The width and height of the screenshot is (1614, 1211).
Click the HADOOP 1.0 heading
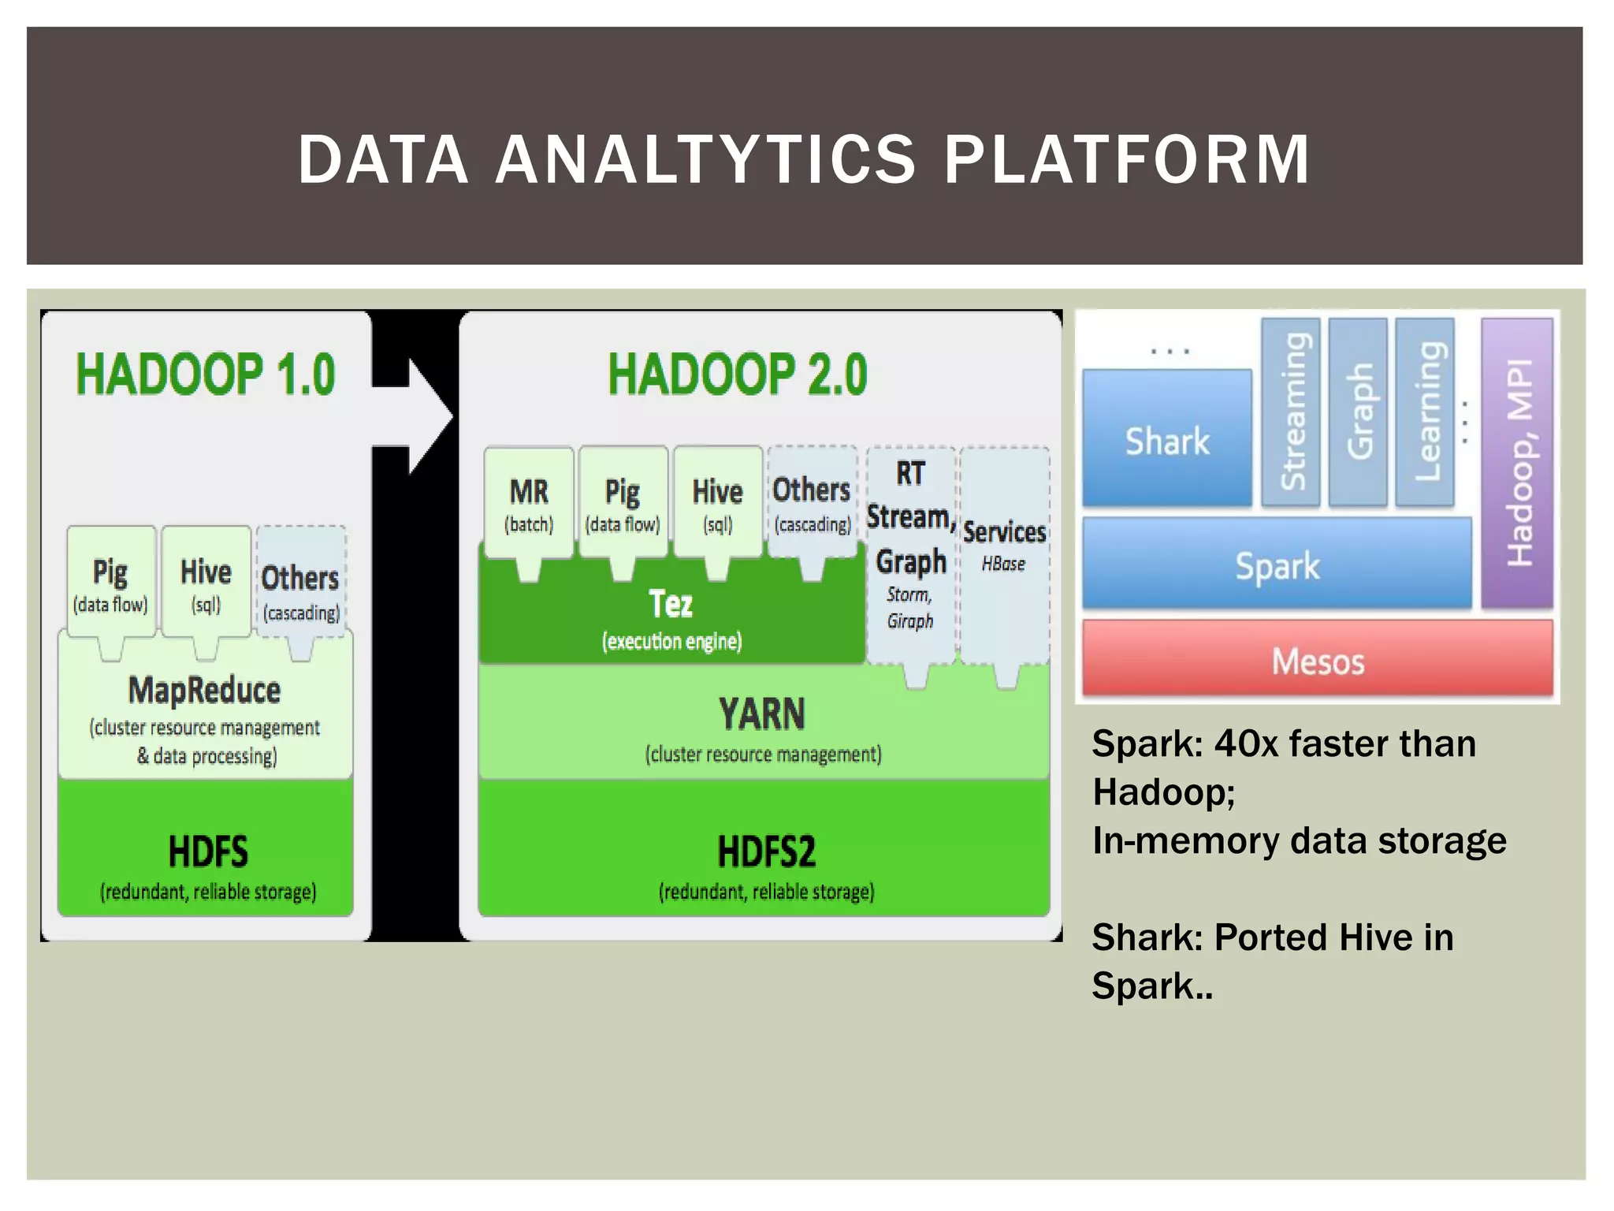click(x=206, y=374)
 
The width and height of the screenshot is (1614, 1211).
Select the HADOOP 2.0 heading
click(x=737, y=374)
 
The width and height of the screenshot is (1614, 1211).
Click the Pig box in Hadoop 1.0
click(x=110, y=582)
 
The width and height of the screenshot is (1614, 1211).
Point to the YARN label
click(x=762, y=714)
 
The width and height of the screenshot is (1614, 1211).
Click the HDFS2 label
click(x=766, y=852)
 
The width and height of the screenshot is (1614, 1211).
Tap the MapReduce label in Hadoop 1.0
click(x=205, y=691)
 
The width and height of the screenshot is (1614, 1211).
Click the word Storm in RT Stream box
click(x=908, y=594)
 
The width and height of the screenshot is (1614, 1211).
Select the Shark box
click(x=1166, y=440)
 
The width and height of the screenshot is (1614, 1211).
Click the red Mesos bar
click(x=1317, y=661)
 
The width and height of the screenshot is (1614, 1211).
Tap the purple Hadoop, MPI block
click(x=1517, y=463)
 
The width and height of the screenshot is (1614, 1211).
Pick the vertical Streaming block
click(x=1291, y=412)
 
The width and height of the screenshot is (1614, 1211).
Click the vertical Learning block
click(x=1425, y=412)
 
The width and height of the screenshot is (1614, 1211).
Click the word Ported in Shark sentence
click(x=1270, y=937)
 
